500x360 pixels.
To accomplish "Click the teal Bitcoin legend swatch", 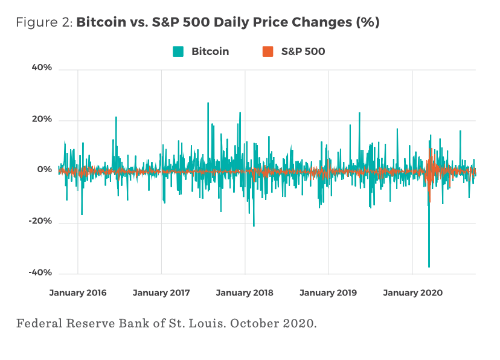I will tap(178, 51).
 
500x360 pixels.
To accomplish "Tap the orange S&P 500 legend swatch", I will tap(268, 51).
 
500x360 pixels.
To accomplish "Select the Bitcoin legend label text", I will tap(210, 51).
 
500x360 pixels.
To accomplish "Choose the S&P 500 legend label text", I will tap(303, 51).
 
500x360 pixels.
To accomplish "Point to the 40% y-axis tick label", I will tap(42, 68).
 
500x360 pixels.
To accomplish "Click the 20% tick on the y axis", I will tap(42, 120).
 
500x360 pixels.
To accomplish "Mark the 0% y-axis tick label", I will tap(45, 170).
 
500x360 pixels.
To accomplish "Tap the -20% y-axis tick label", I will tap(40, 221).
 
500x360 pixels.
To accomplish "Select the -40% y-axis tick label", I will tap(40, 272).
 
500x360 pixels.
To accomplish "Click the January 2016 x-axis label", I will tap(78, 293).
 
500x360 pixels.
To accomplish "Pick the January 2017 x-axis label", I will tap(161, 293).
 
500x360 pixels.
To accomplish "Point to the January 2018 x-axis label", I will tap(245, 293).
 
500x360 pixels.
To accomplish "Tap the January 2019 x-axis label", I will tap(328, 293).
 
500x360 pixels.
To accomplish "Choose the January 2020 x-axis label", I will tap(412, 293).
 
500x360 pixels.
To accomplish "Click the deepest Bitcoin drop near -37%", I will tap(429, 266).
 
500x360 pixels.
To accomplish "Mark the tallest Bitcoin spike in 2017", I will tap(208, 104).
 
